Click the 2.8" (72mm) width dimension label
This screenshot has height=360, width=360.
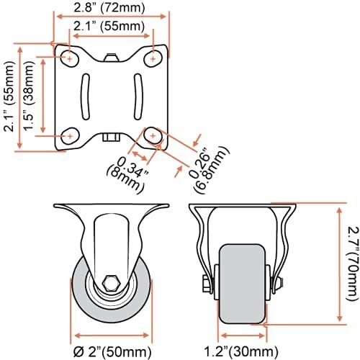click(111, 9)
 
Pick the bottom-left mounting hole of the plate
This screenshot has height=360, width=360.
click(69, 135)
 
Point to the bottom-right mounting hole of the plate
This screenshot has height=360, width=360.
click(153, 135)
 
